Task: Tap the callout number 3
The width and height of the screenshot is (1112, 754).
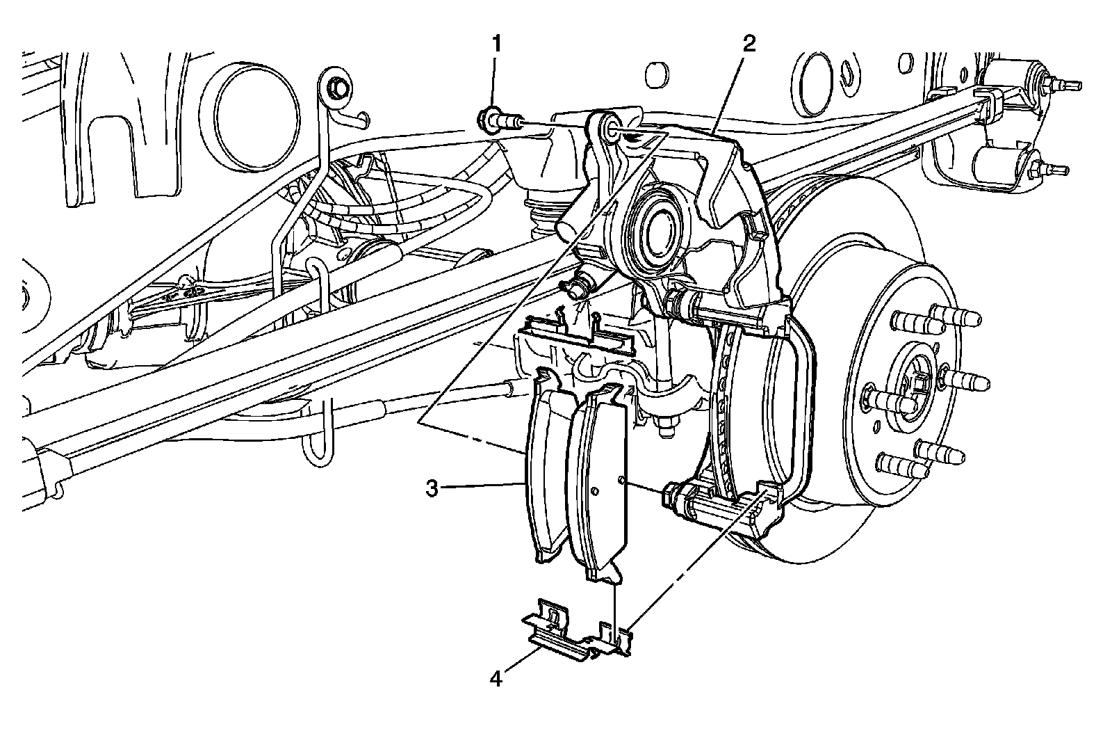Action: click(x=432, y=488)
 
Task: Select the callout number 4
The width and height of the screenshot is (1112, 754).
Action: click(x=496, y=678)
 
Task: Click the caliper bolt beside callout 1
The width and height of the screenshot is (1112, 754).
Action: click(x=498, y=121)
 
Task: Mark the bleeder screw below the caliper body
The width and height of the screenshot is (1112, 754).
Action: click(x=580, y=287)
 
